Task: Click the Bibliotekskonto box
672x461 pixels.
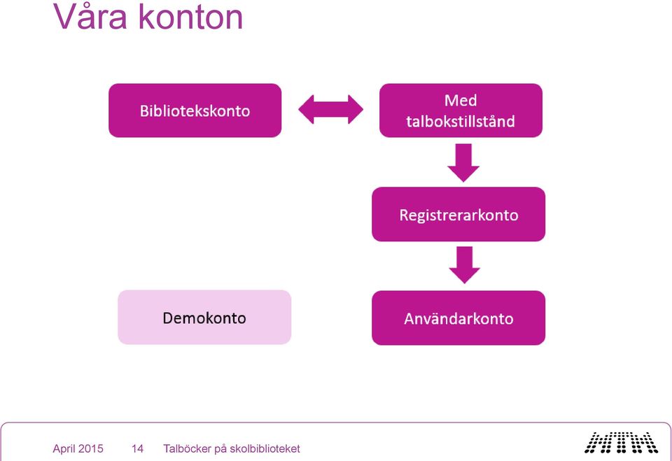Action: coord(195,111)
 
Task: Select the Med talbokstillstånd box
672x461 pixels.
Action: coord(461,111)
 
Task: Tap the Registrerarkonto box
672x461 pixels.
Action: coord(458,214)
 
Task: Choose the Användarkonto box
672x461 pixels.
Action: coord(458,318)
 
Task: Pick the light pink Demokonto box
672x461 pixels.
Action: coord(204,317)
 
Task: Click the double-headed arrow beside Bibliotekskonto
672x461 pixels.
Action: coord(331,109)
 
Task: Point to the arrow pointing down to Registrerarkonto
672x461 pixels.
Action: coord(463,162)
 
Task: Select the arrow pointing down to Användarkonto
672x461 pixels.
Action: coord(465,264)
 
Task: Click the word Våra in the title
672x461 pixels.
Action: coord(90,16)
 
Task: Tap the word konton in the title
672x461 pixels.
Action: coord(190,17)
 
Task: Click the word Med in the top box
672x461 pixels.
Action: coord(461,101)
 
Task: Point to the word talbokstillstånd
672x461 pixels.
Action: coord(461,121)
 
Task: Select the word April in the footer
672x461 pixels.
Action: coord(64,449)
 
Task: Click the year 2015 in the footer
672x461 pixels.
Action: coord(91,448)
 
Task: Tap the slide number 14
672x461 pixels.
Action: coord(137,448)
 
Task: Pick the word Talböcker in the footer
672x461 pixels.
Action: coord(188,448)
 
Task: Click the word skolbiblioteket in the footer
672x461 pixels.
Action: coord(265,448)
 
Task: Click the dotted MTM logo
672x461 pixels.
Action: coord(621,443)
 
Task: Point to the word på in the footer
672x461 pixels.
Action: coord(220,449)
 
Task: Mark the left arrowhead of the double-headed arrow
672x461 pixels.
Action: coord(306,109)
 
